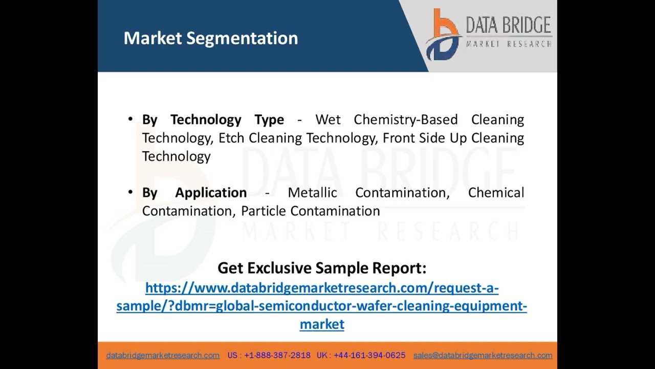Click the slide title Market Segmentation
pos(210,38)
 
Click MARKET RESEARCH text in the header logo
pos(508,44)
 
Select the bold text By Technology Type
pos(213,119)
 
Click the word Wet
pos(328,119)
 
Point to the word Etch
pos(229,138)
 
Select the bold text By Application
pos(194,193)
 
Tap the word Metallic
pos(312,193)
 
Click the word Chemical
pos(496,193)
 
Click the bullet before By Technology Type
pos(130,119)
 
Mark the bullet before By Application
pos(130,193)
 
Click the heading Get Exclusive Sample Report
pos(322,268)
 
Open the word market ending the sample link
pos(322,324)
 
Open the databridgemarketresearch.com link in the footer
pos(163,355)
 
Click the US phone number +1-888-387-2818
pos(277,355)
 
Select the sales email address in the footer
pos(483,355)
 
